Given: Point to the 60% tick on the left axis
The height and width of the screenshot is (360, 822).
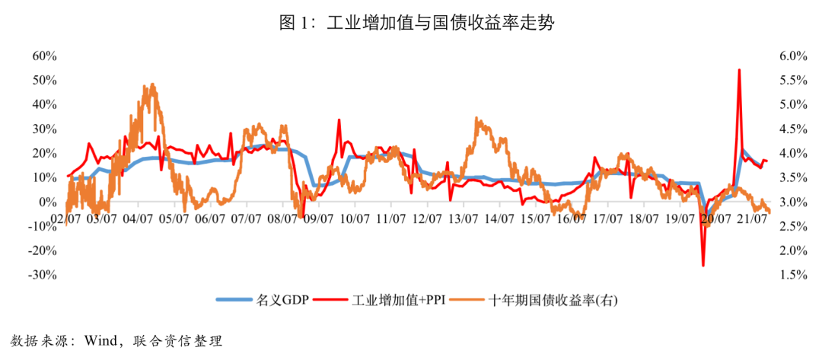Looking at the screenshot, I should pos(44,56).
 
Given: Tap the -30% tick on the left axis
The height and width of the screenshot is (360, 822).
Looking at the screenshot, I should pos(43,275).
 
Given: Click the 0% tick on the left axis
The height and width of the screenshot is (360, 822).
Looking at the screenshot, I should pos(47,202).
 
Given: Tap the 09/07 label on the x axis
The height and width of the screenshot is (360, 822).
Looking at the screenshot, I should pos(318,218).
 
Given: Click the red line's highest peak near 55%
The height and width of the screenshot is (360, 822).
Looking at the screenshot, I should pos(738,70).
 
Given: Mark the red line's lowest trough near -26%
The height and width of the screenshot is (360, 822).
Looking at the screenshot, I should pos(703,265).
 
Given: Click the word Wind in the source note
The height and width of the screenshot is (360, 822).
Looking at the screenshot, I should pos(100,339).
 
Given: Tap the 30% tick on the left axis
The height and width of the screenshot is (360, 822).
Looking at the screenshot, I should pos(44,129).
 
